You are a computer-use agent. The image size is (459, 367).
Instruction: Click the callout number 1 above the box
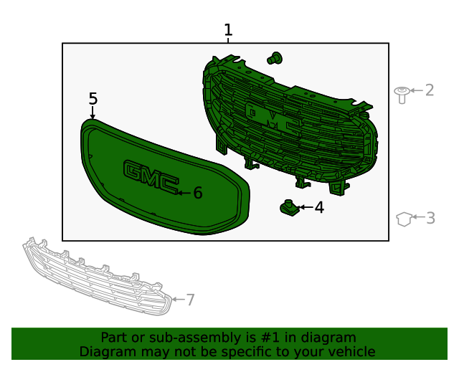coord(228,30)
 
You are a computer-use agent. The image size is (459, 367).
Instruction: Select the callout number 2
coord(430,90)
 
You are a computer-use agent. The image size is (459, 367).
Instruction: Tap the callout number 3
coord(430,218)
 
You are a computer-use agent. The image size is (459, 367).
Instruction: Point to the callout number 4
coord(319,208)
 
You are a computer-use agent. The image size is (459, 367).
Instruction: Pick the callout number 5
coord(93,98)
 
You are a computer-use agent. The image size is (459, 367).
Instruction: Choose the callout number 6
coord(198,193)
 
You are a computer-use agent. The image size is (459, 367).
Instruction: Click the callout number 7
coord(190,300)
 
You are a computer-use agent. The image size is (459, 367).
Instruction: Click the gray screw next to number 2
coord(402,93)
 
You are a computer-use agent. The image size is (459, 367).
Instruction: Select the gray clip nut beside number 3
coord(404,218)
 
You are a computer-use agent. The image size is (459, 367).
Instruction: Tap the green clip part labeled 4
coord(288,208)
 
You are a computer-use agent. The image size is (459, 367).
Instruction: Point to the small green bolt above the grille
coord(275,59)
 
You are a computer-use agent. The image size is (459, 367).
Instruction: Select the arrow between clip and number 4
coord(306,208)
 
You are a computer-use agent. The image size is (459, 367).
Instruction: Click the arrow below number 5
coord(93,113)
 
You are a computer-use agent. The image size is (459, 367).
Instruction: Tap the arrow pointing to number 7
coord(178,299)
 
